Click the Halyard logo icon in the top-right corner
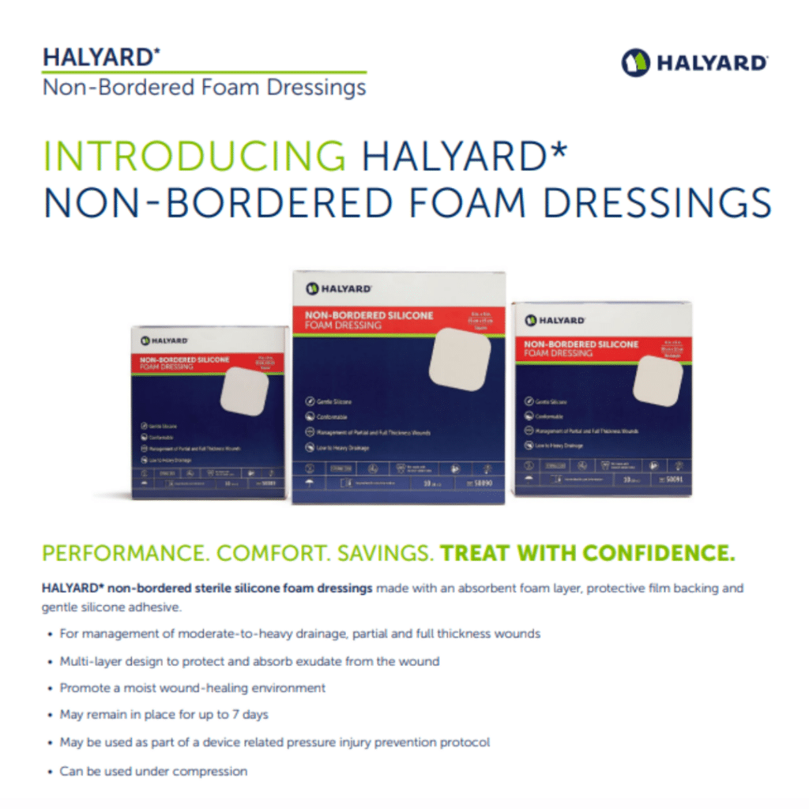tap(636, 62)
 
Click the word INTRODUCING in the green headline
tap(194, 156)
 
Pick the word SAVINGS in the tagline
tap(386, 554)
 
